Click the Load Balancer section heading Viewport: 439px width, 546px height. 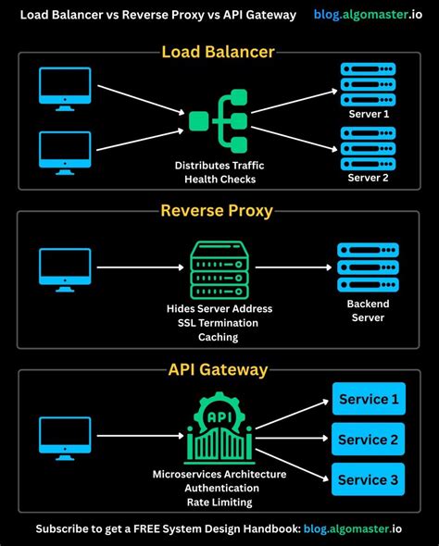click(x=219, y=52)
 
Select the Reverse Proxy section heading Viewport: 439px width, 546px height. click(x=217, y=210)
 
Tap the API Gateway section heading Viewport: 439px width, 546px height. click(x=218, y=369)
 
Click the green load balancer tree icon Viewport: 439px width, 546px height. click(x=219, y=119)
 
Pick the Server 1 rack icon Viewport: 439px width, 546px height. click(x=369, y=88)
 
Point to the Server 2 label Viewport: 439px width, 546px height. click(x=369, y=177)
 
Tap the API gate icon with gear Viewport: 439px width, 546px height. click(x=219, y=428)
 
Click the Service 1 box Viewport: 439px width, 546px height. click(x=369, y=399)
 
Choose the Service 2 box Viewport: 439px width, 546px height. click(x=369, y=439)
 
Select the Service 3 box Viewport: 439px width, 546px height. click(x=369, y=479)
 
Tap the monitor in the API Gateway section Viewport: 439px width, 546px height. click(x=65, y=437)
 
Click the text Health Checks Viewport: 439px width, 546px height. click(x=219, y=179)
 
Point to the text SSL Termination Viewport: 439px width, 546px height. click(x=219, y=322)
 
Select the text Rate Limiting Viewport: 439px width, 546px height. click(x=219, y=503)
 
